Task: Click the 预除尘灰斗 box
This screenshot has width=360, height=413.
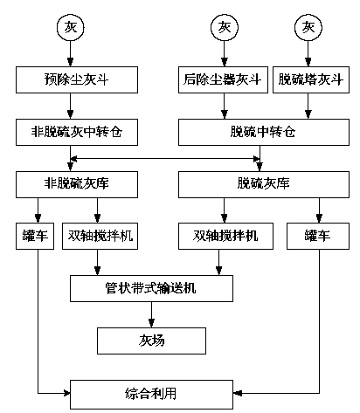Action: pyautogui.click(x=77, y=79)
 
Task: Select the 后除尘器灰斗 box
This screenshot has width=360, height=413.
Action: pyautogui.click(x=223, y=79)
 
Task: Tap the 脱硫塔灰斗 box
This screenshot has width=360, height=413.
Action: pyautogui.click(x=311, y=79)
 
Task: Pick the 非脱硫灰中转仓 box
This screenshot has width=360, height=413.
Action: pyautogui.click(x=77, y=132)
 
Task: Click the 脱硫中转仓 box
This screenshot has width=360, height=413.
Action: pyautogui.click(x=264, y=132)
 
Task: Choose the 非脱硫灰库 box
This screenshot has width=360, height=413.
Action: pyautogui.click(x=77, y=184)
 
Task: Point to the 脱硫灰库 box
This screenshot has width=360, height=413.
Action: pyautogui.click(x=264, y=184)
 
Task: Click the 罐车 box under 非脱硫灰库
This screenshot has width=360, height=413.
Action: pyautogui.click(x=35, y=236)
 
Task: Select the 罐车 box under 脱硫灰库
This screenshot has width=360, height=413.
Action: pyautogui.click(x=318, y=236)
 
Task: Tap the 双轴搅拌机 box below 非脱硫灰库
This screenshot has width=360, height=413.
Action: pyautogui.click(x=100, y=236)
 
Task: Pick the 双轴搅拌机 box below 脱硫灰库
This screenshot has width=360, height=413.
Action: pyautogui.click(x=225, y=236)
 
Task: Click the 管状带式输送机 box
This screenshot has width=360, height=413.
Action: pyautogui.click(x=151, y=288)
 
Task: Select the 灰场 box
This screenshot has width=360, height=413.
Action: pyautogui.click(x=151, y=341)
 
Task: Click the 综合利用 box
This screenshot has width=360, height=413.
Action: pyautogui.click(x=151, y=395)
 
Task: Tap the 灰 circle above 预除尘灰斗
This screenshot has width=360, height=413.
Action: pyautogui.click(x=70, y=28)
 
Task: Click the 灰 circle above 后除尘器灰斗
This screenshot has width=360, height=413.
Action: pyautogui.click(x=225, y=28)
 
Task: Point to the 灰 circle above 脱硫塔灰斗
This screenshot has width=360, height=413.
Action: pyautogui.click(x=308, y=28)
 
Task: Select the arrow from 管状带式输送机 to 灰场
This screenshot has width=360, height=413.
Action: pyautogui.click(x=151, y=314)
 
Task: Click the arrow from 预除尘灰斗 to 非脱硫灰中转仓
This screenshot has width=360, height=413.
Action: pyautogui.click(x=70, y=106)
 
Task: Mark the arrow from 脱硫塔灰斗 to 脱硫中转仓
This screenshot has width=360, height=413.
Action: pyautogui.click(x=308, y=106)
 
